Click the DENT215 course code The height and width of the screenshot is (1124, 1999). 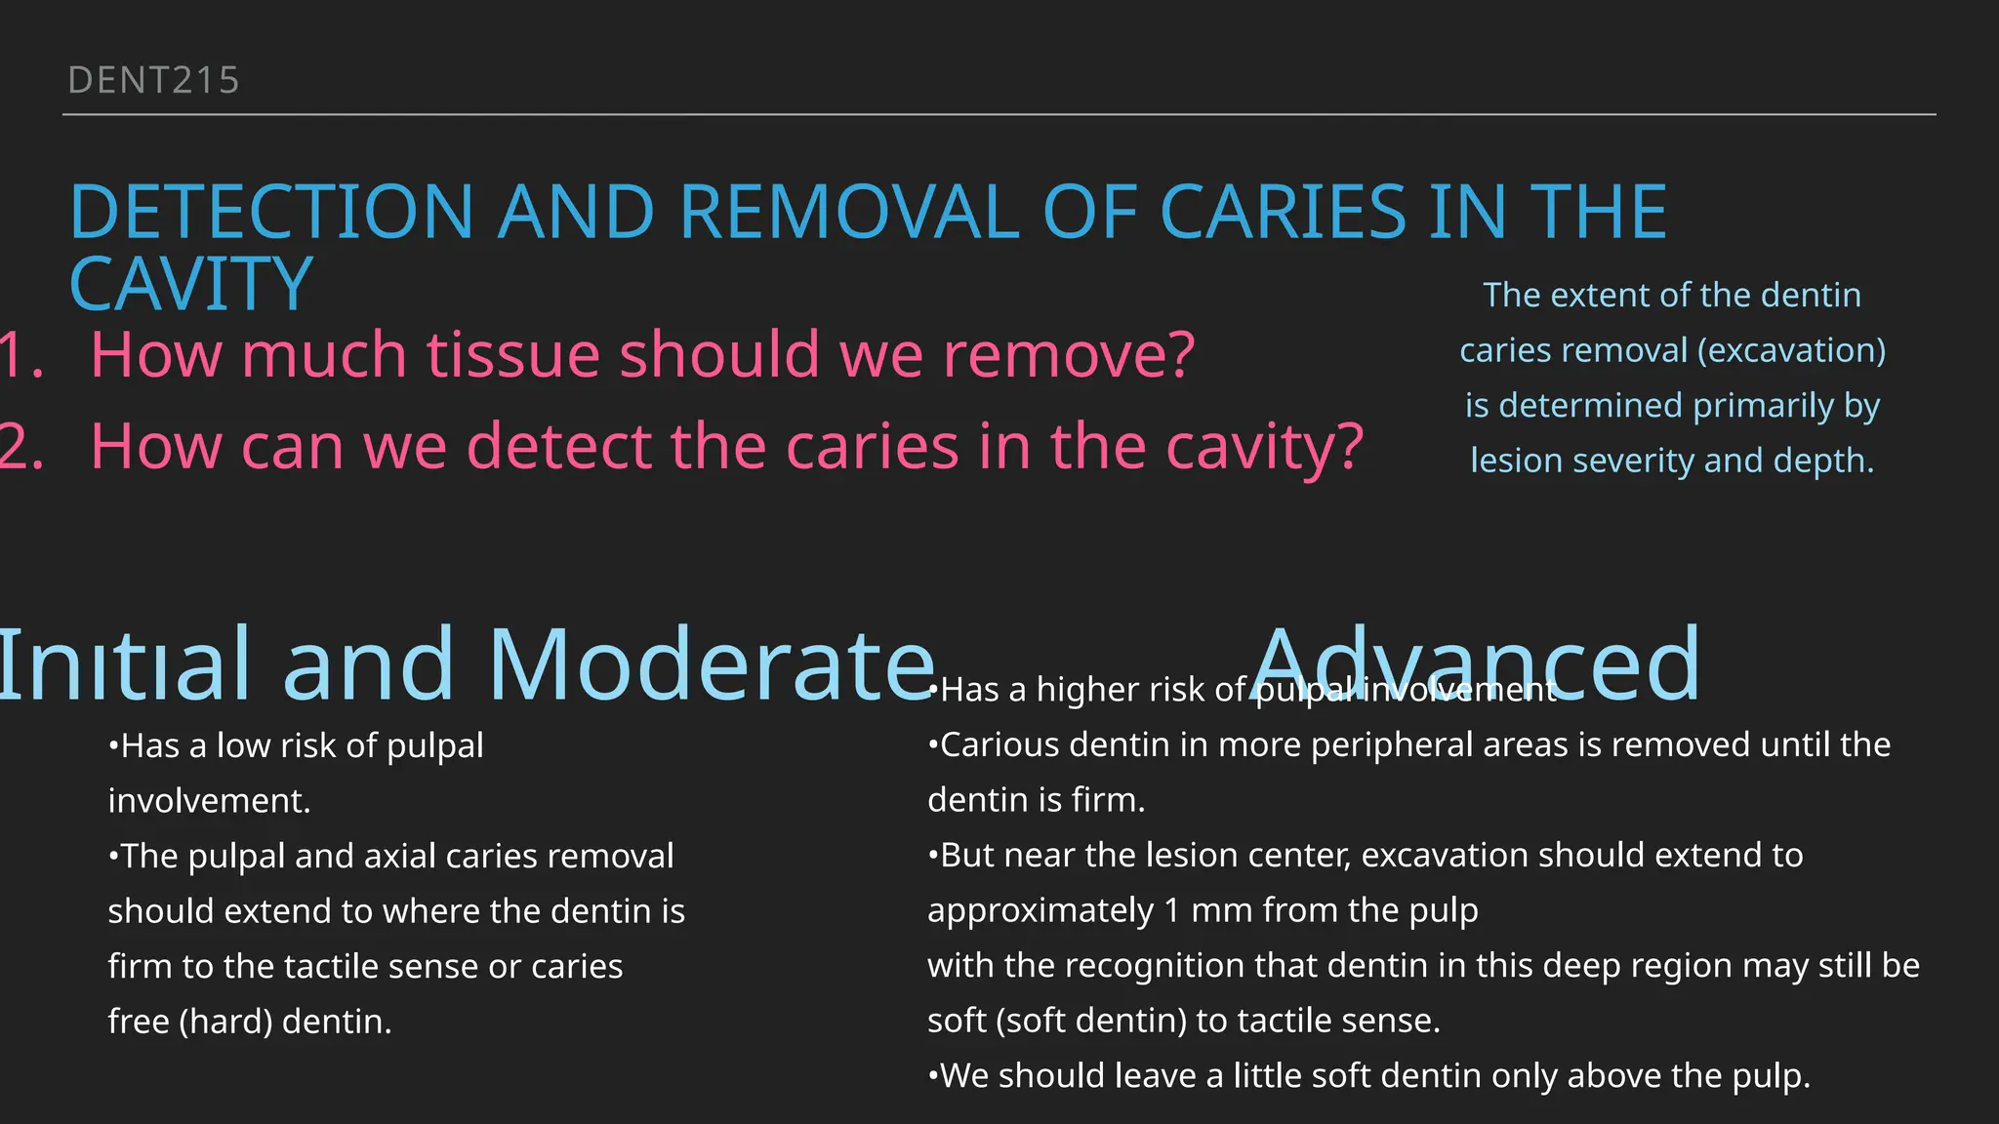(153, 80)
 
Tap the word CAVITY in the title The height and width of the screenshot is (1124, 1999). (191, 284)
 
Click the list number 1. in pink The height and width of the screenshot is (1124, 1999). (21, 354)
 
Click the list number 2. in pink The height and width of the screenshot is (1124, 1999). (21, 447)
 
